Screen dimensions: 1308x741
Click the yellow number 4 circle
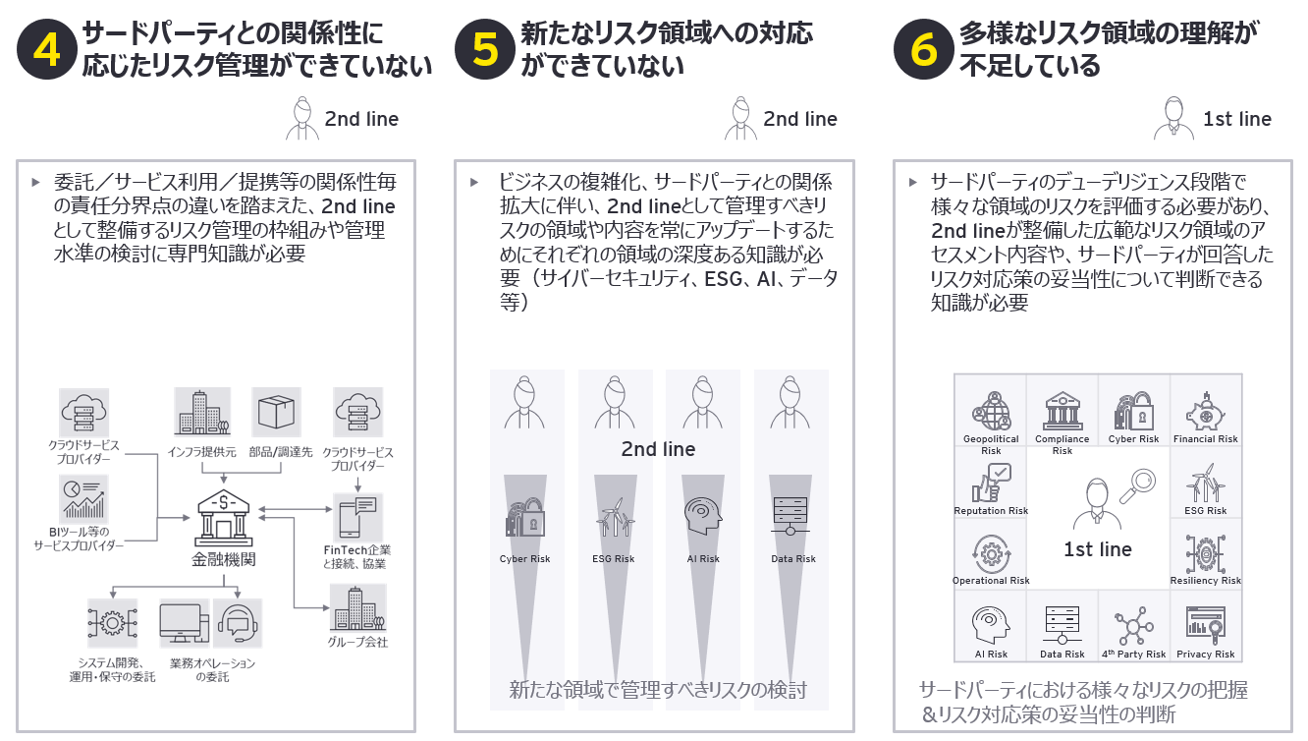[x=47, y=49]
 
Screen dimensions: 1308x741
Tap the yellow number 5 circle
[x=485, y=49]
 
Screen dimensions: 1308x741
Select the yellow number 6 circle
[x=924, y=49]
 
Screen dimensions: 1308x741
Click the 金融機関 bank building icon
[x=224, y=518]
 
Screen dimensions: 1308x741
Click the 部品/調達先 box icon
[x=276, y=412]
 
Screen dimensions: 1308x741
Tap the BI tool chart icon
[x=83, y=499]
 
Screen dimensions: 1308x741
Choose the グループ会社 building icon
[x=358, y=608]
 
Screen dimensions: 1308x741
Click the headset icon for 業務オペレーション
[x=237, y=623]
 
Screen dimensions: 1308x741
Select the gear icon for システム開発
[x=112, y=623]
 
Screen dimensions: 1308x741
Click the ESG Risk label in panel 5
[x=613, y=558]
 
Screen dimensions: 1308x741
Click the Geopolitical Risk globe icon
[x=991, y=412]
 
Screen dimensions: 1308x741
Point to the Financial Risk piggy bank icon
[x=1205, y=412]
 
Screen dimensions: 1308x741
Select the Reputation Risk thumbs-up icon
[x=991, y=484]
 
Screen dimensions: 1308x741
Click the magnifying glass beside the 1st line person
[x=1137, y=486]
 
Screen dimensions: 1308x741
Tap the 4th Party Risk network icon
[x=1133, y=626]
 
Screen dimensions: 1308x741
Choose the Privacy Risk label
[x=1205, y=655]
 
